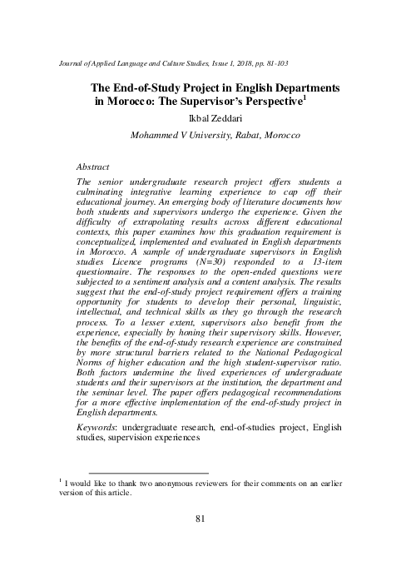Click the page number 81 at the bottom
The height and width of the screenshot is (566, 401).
pyautogui.click(x=200, y=519)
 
